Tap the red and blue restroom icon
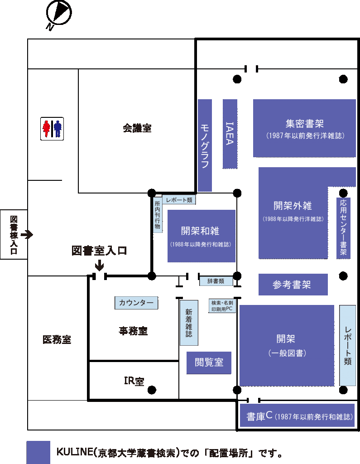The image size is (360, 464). (x=52, y=128)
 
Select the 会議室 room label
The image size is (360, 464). (x=137, y=128)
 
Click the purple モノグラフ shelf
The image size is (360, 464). (x=205, y=145)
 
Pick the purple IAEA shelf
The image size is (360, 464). (x=230, y=134)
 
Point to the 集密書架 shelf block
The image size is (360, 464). (x=304, y=128)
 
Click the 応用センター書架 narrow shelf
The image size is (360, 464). (x=343, y=228)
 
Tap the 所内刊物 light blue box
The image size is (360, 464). (x=158, y=215)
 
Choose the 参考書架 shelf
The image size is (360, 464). (x=293, y=285)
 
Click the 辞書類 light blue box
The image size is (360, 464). (x=216, y=281)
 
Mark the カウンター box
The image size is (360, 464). (x=136, y=303)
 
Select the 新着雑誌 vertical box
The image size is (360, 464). (x=189, y=323)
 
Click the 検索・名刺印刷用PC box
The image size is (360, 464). (x=222, y=306)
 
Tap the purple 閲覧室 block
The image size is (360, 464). (x=209, y=362)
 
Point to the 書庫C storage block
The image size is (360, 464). (x=296, y=416)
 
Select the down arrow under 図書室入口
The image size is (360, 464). (x=99, y=266)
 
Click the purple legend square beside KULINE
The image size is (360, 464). (x=38, y=452)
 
